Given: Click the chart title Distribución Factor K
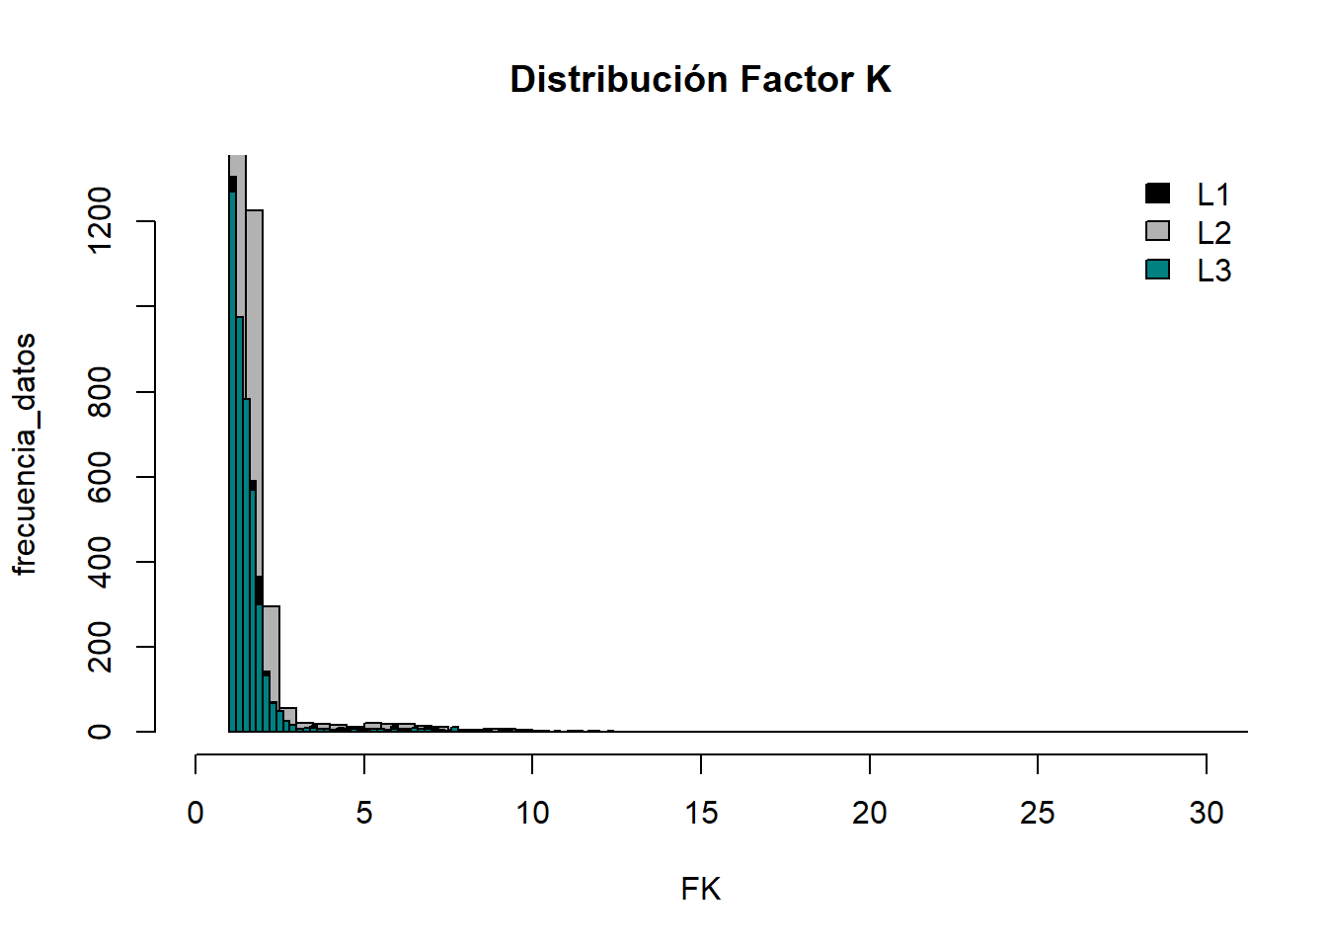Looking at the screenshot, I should (700, 79).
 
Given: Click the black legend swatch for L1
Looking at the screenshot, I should (1157, 194).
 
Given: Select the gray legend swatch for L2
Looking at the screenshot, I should (1157, 231).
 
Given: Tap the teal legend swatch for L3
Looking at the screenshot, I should (1157, 269).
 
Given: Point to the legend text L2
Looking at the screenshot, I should (1213, 233).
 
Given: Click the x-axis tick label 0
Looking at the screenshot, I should (195, 813).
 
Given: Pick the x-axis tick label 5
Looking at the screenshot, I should (364, 813).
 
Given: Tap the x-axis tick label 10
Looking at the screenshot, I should (532, 813).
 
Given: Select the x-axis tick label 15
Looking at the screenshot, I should (701, 813).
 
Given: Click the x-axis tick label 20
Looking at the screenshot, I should (869, 813).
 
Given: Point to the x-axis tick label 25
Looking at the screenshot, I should (1038, 813).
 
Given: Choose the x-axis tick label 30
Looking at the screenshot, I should (1206, 813).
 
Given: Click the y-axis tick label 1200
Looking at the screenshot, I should (100, 221).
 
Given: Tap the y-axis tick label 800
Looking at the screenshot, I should (100, 392).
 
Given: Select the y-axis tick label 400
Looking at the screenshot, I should (100, 562).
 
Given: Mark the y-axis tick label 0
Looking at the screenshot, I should (100, 732).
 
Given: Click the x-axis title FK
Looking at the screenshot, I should (700, 890).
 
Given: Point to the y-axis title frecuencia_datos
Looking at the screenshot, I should (24, 454).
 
